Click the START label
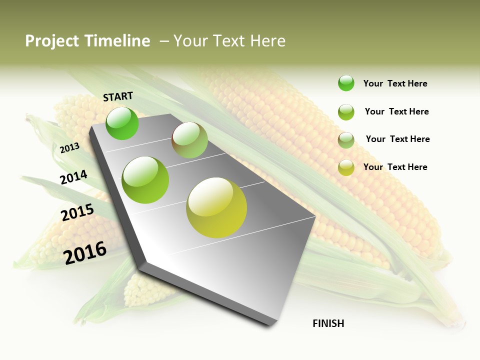(118, 96)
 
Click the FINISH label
(328, 323)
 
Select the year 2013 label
(70, 148)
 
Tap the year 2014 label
(73, 177)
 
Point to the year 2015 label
(77, 212)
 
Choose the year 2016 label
(85, 252)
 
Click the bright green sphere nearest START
(122, 123)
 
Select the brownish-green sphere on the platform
(189, 140)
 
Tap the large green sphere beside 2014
(145, 179)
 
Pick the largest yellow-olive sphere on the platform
(216, 207)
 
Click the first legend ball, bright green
(346, 83)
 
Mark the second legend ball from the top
(346, 112)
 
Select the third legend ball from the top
(346, 140)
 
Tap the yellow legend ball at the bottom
(346, 167)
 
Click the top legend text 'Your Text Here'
(395, 83)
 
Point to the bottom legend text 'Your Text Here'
(395, 167)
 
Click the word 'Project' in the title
(51, 41)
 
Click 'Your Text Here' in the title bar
(229, 41)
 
